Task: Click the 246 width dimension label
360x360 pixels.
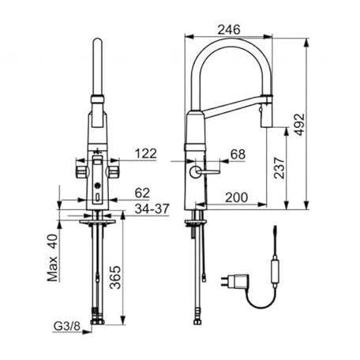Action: coord(229,29)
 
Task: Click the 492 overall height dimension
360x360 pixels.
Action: coord(300,125)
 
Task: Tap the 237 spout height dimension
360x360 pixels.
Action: coord(279,168)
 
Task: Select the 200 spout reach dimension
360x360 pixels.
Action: coord(236,197)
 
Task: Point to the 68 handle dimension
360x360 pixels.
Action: coord(238,155)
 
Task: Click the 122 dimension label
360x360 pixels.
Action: coord(146,153)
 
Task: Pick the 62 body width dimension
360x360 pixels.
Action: coord(142,193)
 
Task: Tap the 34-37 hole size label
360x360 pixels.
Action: coord(152,208)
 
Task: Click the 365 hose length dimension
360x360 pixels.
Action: coord(115,277)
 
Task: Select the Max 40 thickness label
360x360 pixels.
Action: coord(52,257)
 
